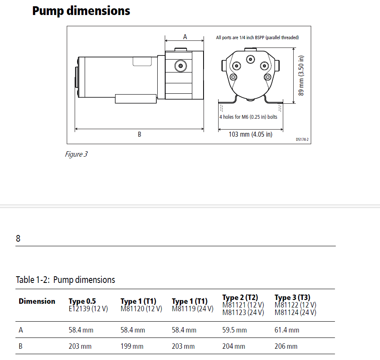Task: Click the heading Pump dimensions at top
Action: [81, 10]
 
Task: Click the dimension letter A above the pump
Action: [185, 37]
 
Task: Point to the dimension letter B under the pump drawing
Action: [139, 134]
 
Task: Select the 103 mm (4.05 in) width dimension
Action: [250, 134]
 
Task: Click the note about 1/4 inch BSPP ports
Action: [257, 37]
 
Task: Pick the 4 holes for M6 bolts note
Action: [248, 117]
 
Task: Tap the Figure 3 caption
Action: [76, 154]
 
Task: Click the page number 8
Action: [18, 239]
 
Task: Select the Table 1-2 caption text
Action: [65, 280]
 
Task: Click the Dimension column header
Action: [37, 301]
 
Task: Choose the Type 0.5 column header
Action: [82, 301]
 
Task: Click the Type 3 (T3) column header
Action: [292, 297]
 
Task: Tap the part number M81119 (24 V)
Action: [190, 309]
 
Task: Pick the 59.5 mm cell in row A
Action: [234, 330]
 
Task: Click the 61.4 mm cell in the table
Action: [287, 330]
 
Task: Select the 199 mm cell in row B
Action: [132, 346]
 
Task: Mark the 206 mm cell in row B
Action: [286, 346]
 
